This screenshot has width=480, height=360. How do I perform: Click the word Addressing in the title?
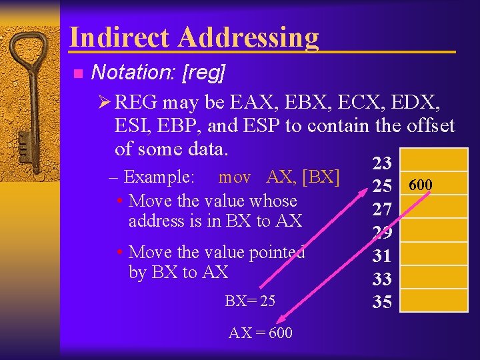pyautogui.click(x=248, y=38)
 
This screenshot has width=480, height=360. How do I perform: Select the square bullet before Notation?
pyautogui.click(x=77, y=73)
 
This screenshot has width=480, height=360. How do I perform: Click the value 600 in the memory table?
pyautogui.click(x=420, y=185)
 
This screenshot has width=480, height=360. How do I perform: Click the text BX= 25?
pyautogui.click(x=249, y=301)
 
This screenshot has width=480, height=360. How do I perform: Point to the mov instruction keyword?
pyautogui.click(x=235, y=177)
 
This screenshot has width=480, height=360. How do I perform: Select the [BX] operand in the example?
pyautogui.click(x=321, y=177)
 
